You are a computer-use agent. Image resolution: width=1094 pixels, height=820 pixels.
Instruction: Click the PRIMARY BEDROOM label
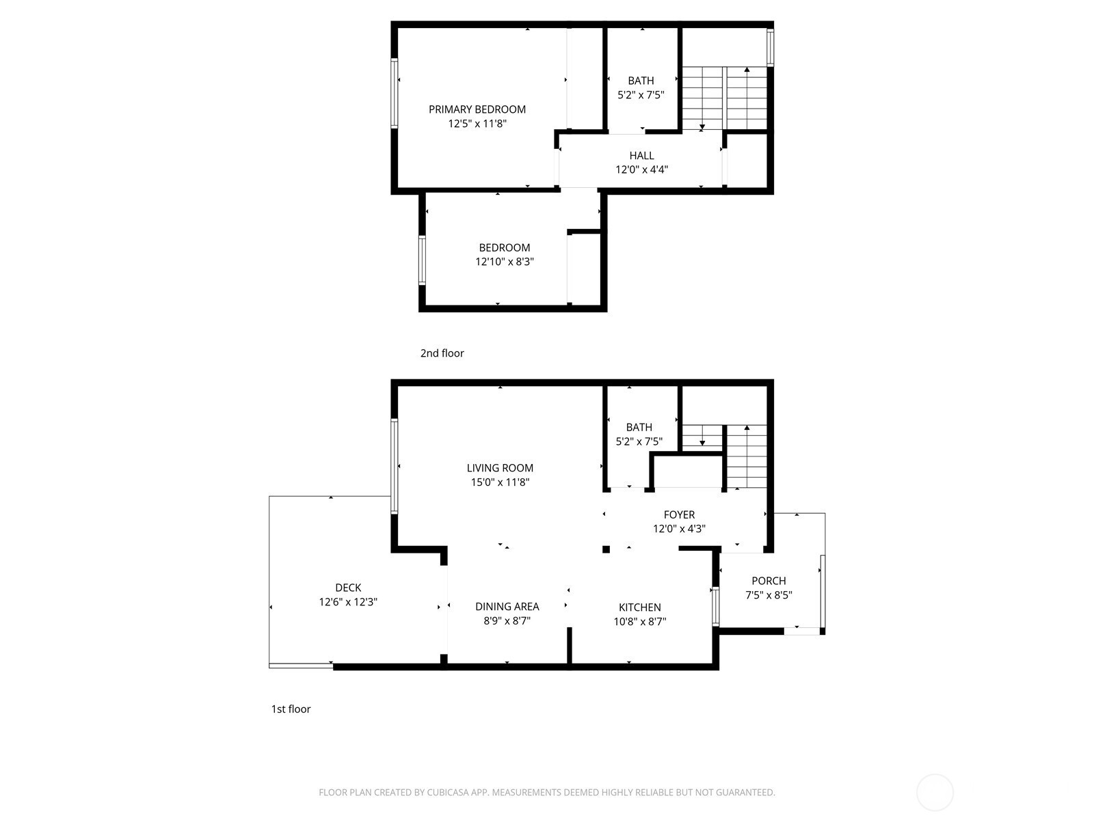[477, 109]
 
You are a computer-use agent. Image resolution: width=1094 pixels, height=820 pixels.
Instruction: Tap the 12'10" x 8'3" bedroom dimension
[505, 262]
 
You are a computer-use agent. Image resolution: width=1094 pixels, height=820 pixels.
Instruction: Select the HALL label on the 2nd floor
[641, 156]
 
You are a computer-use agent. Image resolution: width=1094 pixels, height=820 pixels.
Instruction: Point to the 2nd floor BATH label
[641, 81]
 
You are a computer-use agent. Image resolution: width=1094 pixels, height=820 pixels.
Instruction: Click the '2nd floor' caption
[442, 353]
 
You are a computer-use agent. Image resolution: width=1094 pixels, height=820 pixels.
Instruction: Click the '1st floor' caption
[291, 709]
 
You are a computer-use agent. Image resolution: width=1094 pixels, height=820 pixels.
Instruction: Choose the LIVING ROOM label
[500, 468]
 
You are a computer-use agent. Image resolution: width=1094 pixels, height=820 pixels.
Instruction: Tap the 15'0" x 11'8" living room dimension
[500, 482]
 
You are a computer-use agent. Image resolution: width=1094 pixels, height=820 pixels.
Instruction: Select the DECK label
[348, 588]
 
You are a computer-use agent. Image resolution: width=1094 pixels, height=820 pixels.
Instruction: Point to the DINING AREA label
[507, 606]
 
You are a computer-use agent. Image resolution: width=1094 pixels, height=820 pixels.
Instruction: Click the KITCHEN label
[639, 607]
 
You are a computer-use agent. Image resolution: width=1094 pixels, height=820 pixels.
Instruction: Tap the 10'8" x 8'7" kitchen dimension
[639, 621]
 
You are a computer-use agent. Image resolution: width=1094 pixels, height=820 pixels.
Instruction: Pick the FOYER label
[679, 515]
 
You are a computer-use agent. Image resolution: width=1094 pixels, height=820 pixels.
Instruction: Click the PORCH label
[769, 581]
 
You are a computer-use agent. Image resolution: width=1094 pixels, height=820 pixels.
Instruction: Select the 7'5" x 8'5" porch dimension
[769, 595]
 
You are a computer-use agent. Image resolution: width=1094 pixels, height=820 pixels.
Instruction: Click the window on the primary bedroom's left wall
[395, 93]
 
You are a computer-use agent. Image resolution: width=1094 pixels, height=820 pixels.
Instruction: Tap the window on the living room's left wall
[395, 467]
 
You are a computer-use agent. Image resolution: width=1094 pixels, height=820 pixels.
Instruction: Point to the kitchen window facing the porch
[716, 606]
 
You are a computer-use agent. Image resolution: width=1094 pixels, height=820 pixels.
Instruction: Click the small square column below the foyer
[606, 549]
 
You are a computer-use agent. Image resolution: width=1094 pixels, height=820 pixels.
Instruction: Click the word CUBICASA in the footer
[448, 792]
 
